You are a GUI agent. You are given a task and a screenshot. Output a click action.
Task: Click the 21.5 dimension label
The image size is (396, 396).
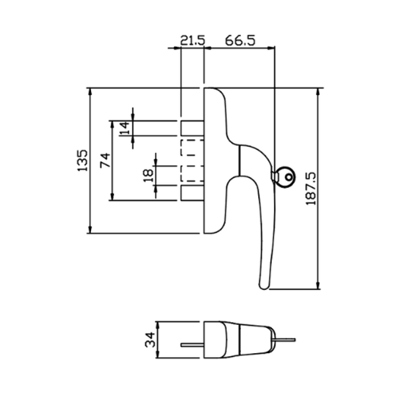192,40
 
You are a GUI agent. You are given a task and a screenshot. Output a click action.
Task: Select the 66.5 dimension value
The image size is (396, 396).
240,40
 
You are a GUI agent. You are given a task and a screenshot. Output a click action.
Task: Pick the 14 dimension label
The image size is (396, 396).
125,128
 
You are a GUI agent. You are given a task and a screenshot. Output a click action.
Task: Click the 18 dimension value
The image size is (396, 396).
148,175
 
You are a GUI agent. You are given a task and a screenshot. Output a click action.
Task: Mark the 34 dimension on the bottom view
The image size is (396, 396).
150,341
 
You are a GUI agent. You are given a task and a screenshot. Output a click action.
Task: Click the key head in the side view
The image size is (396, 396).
287,179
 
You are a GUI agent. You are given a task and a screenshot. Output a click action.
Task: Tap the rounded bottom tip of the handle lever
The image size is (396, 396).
264,286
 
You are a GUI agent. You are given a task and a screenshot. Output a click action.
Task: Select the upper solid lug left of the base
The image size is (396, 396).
191,127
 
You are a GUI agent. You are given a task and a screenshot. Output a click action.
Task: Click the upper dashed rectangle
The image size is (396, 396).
191,148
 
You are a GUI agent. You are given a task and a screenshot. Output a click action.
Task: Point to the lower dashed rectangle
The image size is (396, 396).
191,172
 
